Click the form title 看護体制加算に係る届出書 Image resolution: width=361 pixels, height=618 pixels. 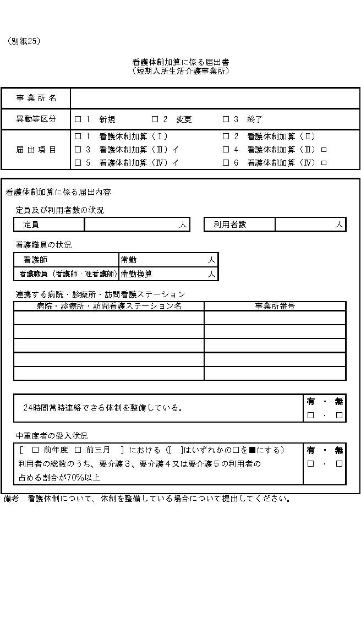pyautogui.click(x=180, y=63)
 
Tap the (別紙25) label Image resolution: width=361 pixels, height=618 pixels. pyautogui.click(x=24, y=41)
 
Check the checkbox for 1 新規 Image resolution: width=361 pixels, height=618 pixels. pyautogui.click(x=78, y=119)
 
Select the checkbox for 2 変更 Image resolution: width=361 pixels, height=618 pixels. pyautogui.click(x=155, y=119)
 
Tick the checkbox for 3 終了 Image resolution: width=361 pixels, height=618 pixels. pyautogui.click(x=226, y=119)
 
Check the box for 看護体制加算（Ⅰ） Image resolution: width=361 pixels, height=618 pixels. pyautogui.click(x=78, y=136)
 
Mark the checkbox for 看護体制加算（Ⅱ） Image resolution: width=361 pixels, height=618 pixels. pyautogui.click(x=226, y=136)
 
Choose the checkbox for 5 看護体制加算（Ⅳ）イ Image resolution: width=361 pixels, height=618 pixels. pyautogui.click(x=78, y=163)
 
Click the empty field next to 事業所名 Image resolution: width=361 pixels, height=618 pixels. pyautogui.click(x=215, y=99)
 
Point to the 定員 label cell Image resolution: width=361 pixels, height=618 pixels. pyautogui.click(x=48, y=225)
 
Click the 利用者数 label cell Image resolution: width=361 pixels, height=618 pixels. pyautogui.click(x=239, y=225)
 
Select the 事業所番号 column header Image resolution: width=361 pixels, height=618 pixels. pyautogui.click(x=275, y=306)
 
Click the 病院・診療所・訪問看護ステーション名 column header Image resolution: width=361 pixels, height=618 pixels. pyautogui.click(x=109, y=306)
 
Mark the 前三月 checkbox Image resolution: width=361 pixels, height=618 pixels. pyautogui.click(x=78, y=450)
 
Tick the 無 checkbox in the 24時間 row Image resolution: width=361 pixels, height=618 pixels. pyautogui.click(x=339, y=415)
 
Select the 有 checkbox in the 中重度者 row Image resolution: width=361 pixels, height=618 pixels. pyautogui.click(x=310, y=464)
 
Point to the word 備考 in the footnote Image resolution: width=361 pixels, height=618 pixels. pyautogui.click(x=12, y=499)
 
